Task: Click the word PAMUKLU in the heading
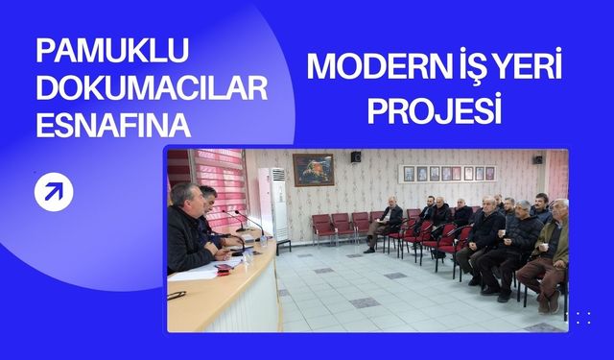113,51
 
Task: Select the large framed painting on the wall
313,170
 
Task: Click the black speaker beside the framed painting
356,156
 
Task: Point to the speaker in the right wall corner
538,158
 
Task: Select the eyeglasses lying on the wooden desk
177,295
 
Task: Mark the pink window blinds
222,182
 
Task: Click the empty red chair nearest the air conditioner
321,228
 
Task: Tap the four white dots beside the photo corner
583,318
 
